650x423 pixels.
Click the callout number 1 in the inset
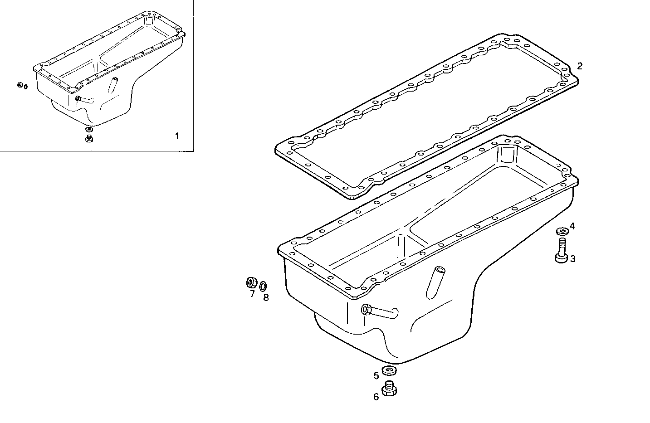pos(177,136)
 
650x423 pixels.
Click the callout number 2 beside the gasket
pos(579,66)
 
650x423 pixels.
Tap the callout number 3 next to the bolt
pos(573,259)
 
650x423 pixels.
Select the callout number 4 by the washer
pos(572,226)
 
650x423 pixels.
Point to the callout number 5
pos(376,375)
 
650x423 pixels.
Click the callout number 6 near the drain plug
pos(376,397)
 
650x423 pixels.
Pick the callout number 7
pos(252,293)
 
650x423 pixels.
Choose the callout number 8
pos(266,297)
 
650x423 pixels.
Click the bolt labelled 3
pos(561,251)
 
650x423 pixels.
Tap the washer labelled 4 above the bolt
pos(562,232)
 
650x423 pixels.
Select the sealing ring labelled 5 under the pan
pos(389,371)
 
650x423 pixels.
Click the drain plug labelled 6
pos(389,389)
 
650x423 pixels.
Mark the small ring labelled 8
pos(263,286)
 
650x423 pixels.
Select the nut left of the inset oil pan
pos(20,85)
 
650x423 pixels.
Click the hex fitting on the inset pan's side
pos(78,98)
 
